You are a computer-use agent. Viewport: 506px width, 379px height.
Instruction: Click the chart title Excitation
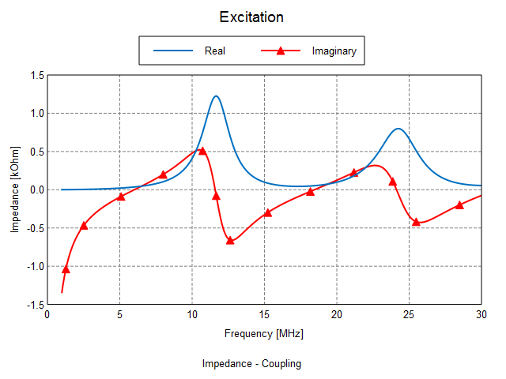(x=251, y=17)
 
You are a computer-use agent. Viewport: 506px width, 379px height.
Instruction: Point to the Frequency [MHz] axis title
(x=263, y=334)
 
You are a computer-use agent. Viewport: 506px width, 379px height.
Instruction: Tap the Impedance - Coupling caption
(x=251, y=364)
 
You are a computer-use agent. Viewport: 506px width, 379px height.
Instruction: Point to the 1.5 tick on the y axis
(x=36, y=76)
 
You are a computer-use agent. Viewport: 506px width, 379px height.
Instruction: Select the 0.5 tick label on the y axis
(x=36, y=152)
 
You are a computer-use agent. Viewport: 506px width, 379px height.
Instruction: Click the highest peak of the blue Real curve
(x=216, y=96)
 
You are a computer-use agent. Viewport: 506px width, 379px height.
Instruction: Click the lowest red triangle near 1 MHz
(x=66, y=269)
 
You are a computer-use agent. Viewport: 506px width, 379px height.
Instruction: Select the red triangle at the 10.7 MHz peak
(x=202, y=151)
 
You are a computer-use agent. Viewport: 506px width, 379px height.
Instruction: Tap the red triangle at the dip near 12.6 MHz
(x=230, y=240)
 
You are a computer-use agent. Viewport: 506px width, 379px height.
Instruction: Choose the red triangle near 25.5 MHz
(x=416, y=222)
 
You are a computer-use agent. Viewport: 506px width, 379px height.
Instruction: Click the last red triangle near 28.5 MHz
(x=459, y=205)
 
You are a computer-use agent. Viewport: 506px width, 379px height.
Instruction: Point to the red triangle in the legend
(x=280, y=51)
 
